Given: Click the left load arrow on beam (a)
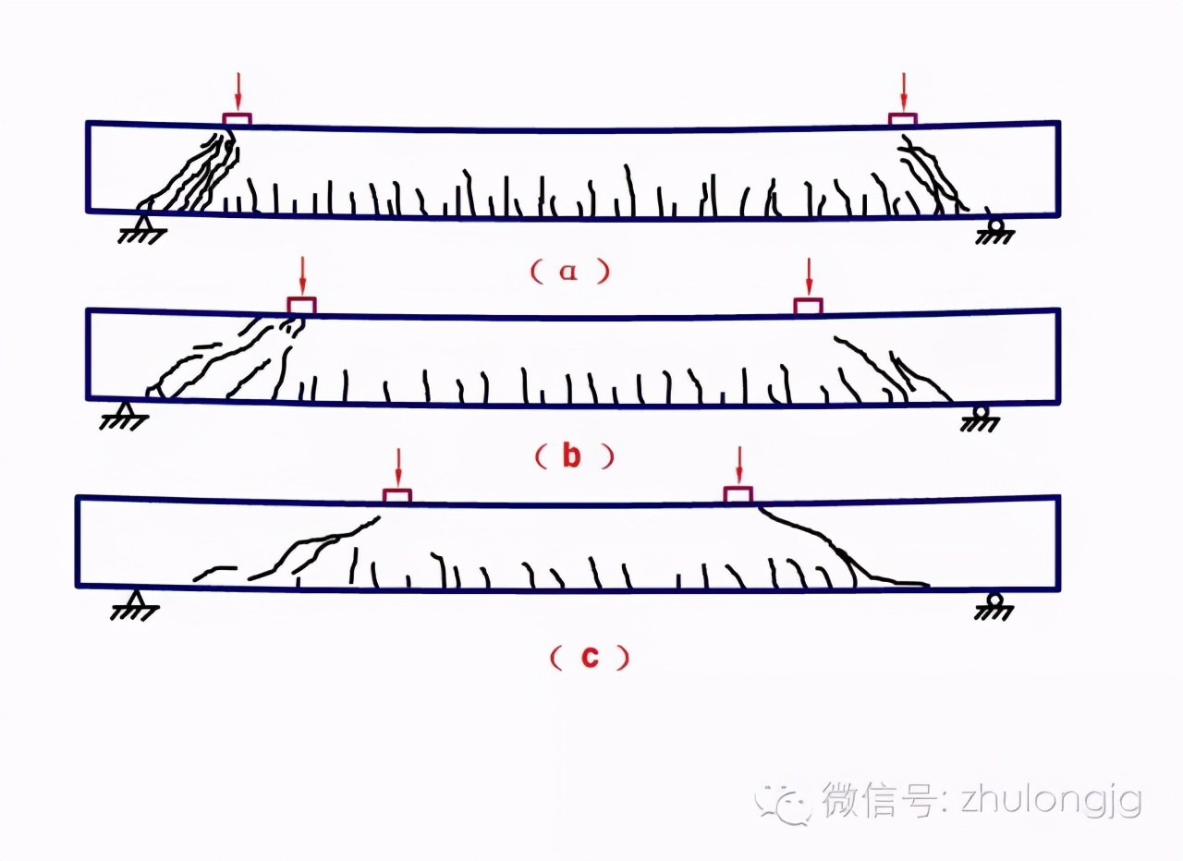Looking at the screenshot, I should click(238, 91).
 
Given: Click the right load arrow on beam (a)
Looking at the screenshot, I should click(904, 91).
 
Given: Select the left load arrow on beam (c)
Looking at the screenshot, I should click(397, 467).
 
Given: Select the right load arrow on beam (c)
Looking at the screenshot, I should click(738, 467).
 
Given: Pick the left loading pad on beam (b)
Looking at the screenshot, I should click(301, 305).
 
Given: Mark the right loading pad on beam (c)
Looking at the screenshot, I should click(738, 494).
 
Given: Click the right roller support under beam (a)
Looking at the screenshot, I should click(996, 228).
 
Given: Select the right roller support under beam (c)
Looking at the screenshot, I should click(994, 604).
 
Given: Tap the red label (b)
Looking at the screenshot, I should click(571, 455).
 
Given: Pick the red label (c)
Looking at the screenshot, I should click(589, 657).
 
